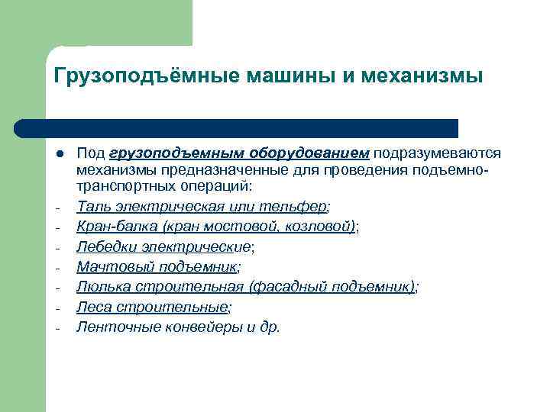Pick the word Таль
click(92, 206)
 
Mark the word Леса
click(92, 307)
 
